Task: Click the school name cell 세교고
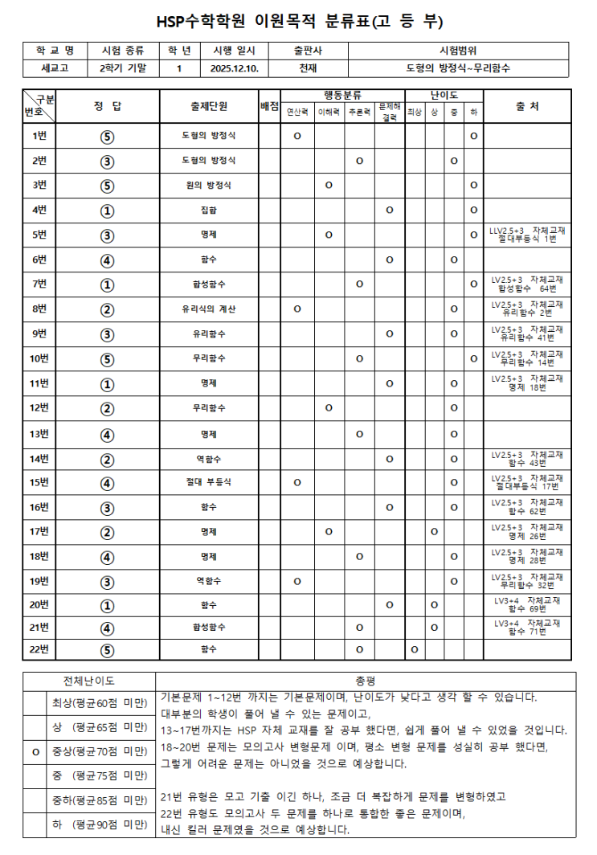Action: tap(56, 69)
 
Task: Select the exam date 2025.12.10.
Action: tap(233, 69)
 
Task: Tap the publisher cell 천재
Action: tap(308, 69)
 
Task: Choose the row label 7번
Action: tap(39, 284)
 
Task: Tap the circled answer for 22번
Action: tap(108, 648)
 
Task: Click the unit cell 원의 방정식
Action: tap(208, 185)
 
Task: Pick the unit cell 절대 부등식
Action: tap(208, 482)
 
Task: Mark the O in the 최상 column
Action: tap(415, 648)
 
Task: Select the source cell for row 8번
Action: tap(527, 309)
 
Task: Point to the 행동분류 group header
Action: tap(343, 95)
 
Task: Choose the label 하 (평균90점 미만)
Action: tap(100, 824)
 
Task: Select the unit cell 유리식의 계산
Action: tap(208, 309)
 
